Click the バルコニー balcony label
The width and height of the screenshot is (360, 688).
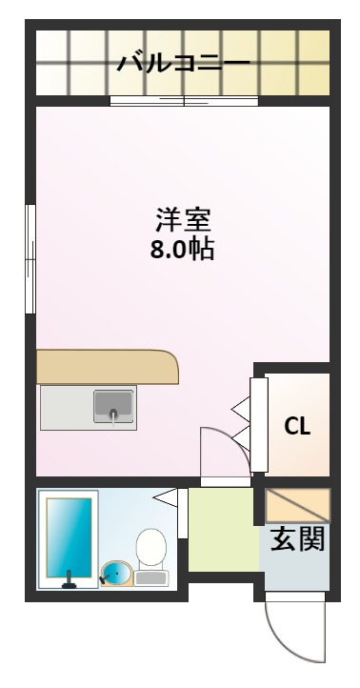[x=183, y=64]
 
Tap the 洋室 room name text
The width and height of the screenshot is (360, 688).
[x=182, y=220]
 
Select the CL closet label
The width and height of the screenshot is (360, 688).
[x=298, y=425]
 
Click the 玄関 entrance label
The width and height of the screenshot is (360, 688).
[x=298, y=540]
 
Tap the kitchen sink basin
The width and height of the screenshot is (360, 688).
[x=114, y=406]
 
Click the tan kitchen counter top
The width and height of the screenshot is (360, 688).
[x=107, y=367]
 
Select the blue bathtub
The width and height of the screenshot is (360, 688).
[x=69, y=536]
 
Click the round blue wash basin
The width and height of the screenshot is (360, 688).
[x=115, y=574]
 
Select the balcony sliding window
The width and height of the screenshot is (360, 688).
[x=184, y=101]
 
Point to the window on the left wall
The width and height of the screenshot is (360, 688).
[x=31, y=256]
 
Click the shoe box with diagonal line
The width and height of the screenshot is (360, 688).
[x=296, y=504]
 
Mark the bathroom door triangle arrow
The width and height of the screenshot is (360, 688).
[x=168, y=496]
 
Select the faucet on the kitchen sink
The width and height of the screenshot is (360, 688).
[x=114, y=414]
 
